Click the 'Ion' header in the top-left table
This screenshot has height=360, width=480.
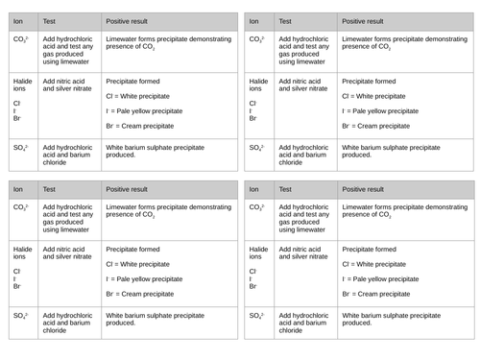tap(18, 20)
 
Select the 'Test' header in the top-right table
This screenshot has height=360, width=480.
tap(286, 20)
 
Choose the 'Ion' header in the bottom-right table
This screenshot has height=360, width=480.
tap(254, 189)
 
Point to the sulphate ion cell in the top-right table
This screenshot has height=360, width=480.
tap(256, 148)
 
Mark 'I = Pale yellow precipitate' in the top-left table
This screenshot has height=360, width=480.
tap(144, 111)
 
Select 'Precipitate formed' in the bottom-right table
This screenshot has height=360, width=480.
tap(370, 250)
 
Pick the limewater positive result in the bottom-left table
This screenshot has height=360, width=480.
tap(167, 211)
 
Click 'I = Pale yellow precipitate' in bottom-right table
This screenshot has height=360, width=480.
tap(380, 279)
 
